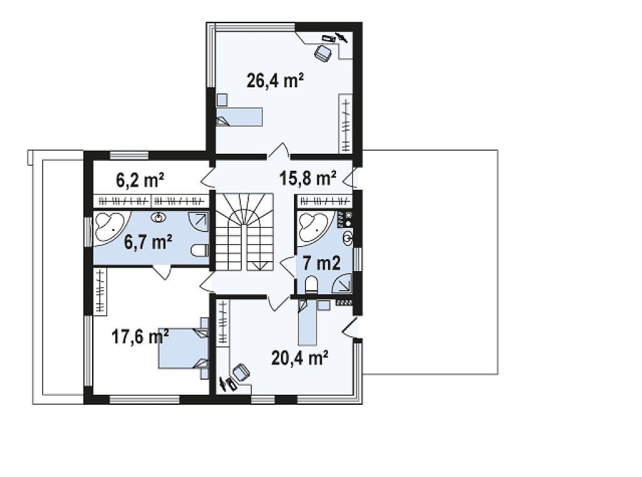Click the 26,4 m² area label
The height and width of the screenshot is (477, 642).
[275, 80]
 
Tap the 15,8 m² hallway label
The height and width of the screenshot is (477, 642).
[308, 178]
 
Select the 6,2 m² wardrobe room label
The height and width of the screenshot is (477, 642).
[140, 180]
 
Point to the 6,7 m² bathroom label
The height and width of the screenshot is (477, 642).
[148, 242]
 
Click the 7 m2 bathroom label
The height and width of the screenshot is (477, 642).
[322, 263]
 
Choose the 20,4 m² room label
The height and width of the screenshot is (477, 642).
[300, 358]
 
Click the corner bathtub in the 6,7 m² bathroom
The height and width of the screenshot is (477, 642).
[112, 228]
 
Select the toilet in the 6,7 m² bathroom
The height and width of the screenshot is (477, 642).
[200, 250]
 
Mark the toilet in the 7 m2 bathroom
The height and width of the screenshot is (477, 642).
[312, 284]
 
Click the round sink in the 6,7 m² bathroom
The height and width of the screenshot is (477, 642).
[159, 217]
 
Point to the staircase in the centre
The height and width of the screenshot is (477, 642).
[245, 232]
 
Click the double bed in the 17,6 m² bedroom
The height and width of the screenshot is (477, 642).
[184, 348]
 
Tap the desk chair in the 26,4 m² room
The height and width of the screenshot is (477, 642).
[324, 54]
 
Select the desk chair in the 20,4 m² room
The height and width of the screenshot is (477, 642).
[241, 373]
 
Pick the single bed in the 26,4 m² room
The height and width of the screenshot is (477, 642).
[239, 116]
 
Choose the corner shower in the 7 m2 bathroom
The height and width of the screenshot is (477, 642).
[342, 282]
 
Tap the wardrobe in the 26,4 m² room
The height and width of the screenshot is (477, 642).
[346, 124]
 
